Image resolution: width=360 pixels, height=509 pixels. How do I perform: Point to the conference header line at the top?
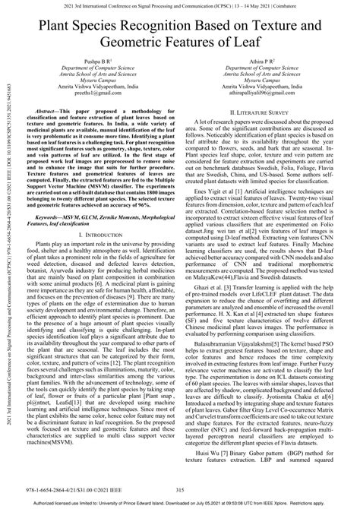pyautogui.click(x=180, y=7)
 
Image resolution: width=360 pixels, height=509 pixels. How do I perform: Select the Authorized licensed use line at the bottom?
pyautogui.click(x=180, y=503)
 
